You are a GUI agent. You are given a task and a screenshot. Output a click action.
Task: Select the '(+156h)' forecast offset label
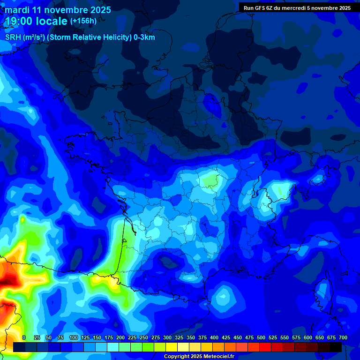point(83,21)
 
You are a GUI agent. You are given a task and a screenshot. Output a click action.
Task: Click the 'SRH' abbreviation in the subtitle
point(13,37)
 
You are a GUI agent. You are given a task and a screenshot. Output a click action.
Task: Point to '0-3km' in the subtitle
point(144,37)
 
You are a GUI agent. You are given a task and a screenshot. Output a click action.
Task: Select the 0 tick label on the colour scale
point(24,337)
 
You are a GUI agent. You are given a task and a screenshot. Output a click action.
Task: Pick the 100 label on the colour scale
point(73,337)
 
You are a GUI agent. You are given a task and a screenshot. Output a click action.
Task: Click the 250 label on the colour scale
point(143,337)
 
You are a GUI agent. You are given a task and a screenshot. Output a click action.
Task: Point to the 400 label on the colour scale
point(214,337)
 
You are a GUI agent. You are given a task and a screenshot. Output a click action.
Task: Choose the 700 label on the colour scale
point(343,337)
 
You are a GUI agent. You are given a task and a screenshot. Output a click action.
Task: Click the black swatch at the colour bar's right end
point(336,347)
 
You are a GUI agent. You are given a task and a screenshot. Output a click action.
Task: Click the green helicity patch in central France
point(211,180)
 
